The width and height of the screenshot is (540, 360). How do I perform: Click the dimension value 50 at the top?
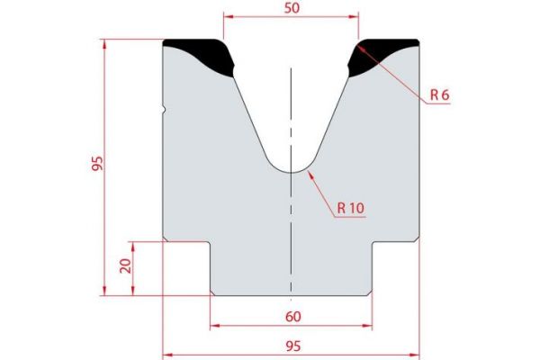coord(292,7)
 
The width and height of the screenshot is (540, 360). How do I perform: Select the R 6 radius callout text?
coord(438,94)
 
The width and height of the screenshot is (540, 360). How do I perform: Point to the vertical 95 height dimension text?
coord(98,164)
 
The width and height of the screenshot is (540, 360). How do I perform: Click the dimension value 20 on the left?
coord(126,265)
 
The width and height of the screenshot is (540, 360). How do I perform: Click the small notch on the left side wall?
coord(166,111)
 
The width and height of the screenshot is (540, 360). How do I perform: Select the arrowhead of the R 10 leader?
coord(308,173)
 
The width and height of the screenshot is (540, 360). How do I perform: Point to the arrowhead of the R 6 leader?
coord(361,45)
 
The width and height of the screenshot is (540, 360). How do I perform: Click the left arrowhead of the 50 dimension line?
coord(227,16)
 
